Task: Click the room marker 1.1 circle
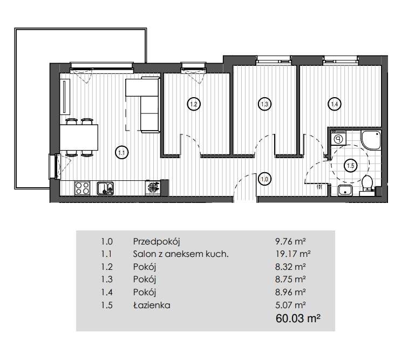click(122, 152)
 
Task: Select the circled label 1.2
click(194, 104)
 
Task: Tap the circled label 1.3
click(264, 104)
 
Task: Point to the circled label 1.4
click(335, 104)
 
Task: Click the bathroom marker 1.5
click(350, 166)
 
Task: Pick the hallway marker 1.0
click(264, 180)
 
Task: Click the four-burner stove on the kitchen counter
click(82, 188)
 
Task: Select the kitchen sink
click(105, 188)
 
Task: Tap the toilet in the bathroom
click(367, 183)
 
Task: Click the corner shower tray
click(371, 139)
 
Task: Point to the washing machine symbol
click(338, 138)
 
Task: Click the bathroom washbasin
click(345, 191)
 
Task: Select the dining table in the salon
click(79, 138)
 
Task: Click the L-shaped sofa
click(143, 105)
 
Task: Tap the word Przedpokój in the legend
click(157, 242)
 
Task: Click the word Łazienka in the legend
click(152, 305)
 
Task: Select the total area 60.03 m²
click(298, 318)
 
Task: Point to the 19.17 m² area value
click(292, 254)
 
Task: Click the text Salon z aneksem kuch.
click(181, 254)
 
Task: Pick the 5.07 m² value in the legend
click(290, 305)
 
